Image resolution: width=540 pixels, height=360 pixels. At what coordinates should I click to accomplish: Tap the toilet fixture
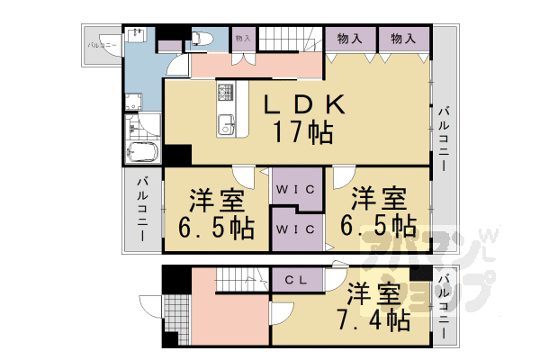coord(200,39)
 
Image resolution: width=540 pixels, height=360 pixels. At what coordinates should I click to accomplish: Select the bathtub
coord(143,152)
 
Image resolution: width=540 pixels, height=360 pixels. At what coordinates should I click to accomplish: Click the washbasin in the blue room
coord(138,35)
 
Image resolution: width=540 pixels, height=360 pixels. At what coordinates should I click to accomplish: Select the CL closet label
coord(297,280)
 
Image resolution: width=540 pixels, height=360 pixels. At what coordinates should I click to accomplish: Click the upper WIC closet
coord(294,190)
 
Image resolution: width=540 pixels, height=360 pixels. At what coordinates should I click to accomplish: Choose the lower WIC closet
coord(294,230)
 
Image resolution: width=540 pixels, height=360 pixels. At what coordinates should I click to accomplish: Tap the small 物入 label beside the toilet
coord(242,38)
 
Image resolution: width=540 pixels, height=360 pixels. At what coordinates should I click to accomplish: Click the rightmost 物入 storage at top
coord(401,39)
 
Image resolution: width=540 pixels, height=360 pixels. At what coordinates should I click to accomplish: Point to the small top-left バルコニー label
coord(99,44)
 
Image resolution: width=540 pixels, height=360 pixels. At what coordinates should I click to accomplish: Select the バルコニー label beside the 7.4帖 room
coord(444,306)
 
